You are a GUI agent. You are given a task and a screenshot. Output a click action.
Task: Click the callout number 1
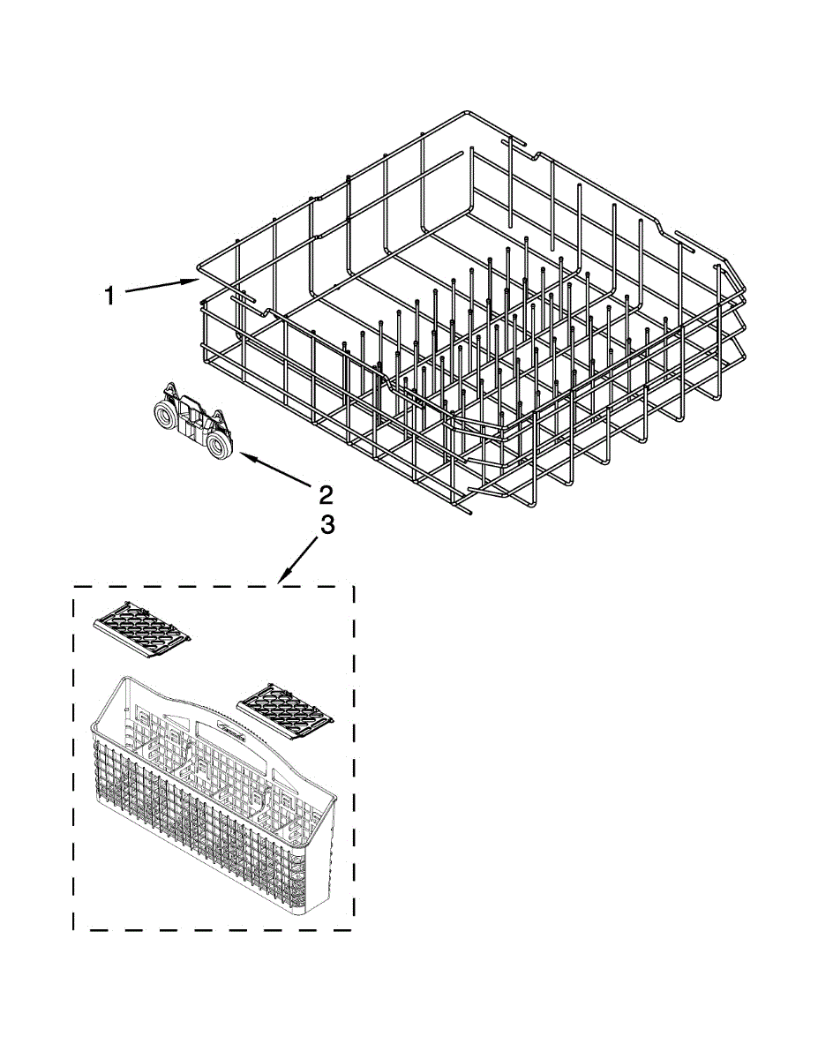[109, 296]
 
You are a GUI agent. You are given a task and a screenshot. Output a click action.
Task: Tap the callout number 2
[325, 492]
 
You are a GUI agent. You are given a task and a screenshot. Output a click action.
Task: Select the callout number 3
[326, 526]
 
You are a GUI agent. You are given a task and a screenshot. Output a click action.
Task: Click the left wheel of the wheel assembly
[163, 415]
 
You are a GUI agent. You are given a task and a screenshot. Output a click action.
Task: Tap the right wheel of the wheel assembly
[220, 446]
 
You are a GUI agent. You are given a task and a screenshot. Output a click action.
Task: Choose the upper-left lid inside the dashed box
[142, 628]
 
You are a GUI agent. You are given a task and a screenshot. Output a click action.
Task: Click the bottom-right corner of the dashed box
[353, 928]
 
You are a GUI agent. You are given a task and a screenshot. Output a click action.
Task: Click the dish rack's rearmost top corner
[466, 115]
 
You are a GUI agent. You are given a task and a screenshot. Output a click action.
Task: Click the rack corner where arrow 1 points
[199, 269]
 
